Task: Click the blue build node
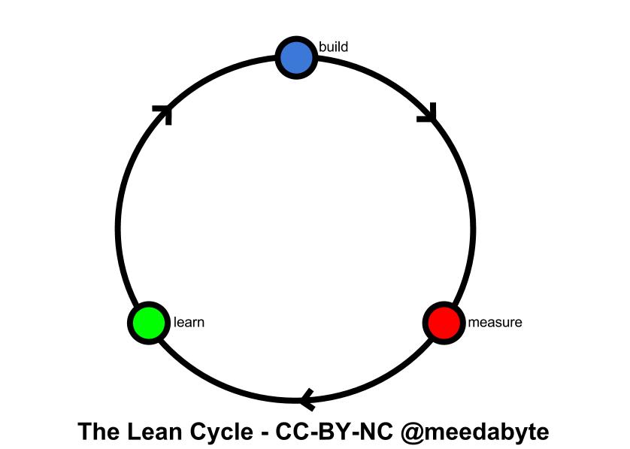(x=295, y=58)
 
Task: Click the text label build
(x=333, y=47)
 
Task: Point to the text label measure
(x=495, y=323)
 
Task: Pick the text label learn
(x=189, y=323)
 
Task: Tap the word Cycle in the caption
(x=222, y=432)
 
